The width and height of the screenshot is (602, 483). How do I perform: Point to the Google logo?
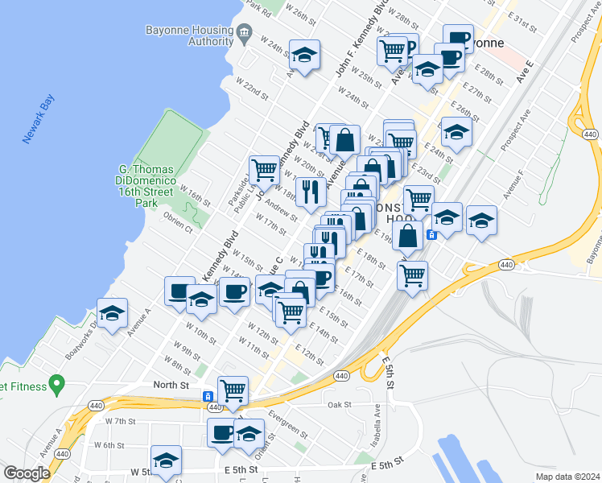coord(27,473)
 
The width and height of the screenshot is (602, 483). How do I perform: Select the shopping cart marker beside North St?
coord(233,390)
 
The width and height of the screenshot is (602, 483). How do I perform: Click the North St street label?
coord(171,386)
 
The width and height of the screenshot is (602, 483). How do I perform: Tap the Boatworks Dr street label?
coord(80,342)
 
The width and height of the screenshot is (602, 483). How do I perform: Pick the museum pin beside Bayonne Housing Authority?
coord(244,35)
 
